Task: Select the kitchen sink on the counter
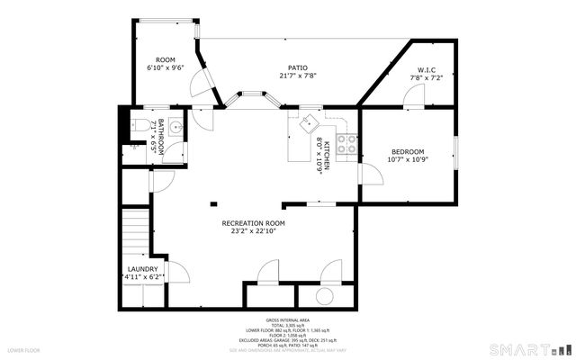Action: coord(308,121)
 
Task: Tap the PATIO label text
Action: coord(298,67)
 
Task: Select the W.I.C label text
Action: coord(427,70)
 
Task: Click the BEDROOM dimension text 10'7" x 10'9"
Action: coord(407,159)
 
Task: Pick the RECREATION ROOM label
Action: coord(253,222)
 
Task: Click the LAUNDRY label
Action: coord(143,269)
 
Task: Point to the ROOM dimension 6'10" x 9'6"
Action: coord(166,67)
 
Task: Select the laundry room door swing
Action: coord(178,269)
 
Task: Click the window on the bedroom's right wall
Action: coord(457,148)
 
